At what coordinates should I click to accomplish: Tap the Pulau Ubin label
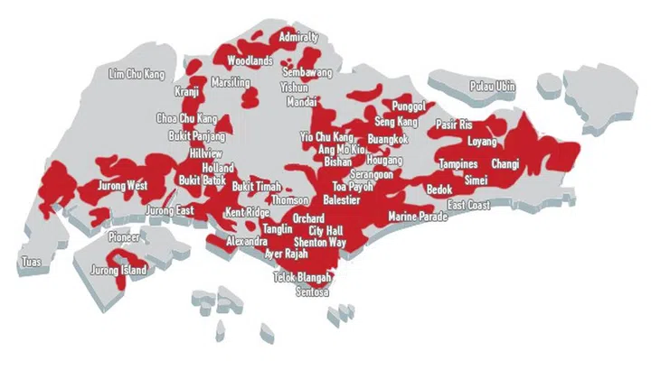pos(492,87)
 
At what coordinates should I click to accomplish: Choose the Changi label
pos(505,164)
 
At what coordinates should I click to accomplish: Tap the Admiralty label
pos(298,37)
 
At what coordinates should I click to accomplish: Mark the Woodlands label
pos(250,60)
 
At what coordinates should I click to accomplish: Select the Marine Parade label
pos(418,217)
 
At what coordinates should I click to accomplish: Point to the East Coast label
pos(468,206)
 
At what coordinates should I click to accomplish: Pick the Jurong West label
pos(121,186)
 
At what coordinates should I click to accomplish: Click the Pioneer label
pos(123,237)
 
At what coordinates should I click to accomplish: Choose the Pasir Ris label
pos(454,124)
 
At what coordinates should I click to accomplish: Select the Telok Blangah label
pos(302,278)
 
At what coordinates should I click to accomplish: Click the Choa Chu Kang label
pos(187,118)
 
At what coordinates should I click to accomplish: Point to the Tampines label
pos(458,164)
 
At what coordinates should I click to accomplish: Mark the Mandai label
pos(301,102)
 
